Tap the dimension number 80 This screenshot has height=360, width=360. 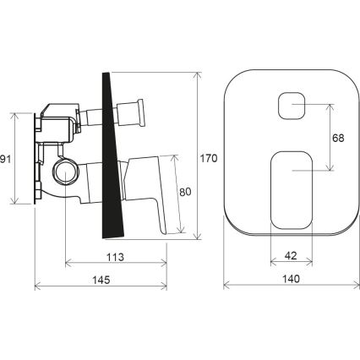tap(186, 191)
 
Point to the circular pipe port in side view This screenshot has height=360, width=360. tap(65, 172)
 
